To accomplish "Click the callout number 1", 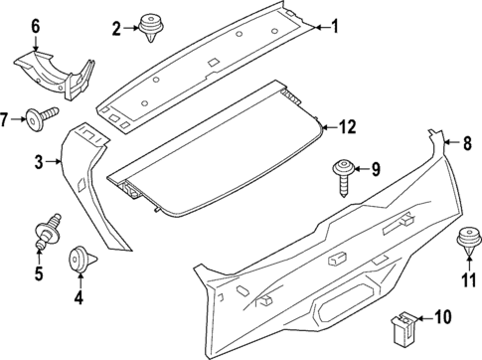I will (x=335, y=27).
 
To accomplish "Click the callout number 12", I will (x=346, y=126).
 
